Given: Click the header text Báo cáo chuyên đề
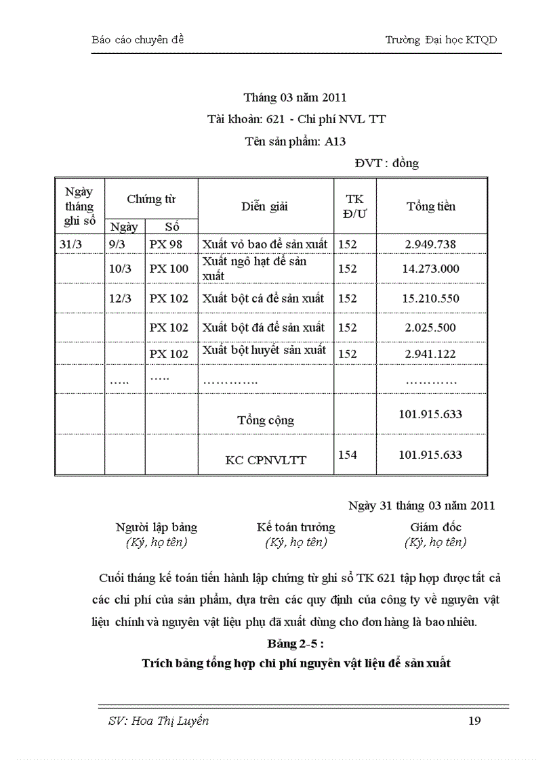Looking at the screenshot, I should pos(138,40).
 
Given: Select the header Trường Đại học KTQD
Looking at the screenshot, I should pos(441,40).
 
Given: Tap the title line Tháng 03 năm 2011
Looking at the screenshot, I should pos(295,98).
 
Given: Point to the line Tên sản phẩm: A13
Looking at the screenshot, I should pos(295,141).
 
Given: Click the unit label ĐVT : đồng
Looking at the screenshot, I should pos(386,163).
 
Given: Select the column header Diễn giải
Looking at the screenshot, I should pos(264,206).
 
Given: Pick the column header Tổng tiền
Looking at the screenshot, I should pos(431,206).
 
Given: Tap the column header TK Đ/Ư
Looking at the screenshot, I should pos(354,206).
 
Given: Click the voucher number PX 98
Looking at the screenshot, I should pos(166,244).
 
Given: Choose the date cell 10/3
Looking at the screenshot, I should pos(120,269).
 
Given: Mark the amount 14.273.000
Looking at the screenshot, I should pos(430,269).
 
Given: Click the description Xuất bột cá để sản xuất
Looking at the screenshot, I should pos(264,298).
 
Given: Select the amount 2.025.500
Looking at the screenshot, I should pos(430,328).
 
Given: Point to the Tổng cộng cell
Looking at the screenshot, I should pos(266,420).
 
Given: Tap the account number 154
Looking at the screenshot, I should pos(348,455).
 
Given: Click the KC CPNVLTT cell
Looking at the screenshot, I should pos(266,460).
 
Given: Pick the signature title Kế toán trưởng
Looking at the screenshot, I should pos(295,527).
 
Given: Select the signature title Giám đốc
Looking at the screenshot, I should pos(435,527).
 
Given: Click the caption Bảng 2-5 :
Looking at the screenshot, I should pos(295,642).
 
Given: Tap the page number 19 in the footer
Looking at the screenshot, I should pos(474,721).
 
